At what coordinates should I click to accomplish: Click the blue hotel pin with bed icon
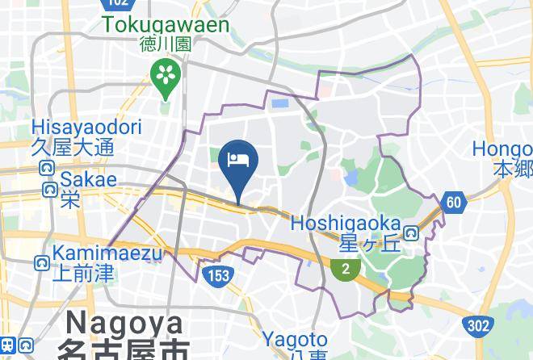238,161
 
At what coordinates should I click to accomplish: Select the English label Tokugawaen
166,25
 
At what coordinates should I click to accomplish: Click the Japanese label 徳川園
165,45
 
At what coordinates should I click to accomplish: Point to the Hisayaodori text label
86,128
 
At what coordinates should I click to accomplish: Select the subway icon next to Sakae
50,190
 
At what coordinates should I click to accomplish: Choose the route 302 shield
478,325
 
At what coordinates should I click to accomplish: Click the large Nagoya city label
125,323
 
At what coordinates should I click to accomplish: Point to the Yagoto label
295,340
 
